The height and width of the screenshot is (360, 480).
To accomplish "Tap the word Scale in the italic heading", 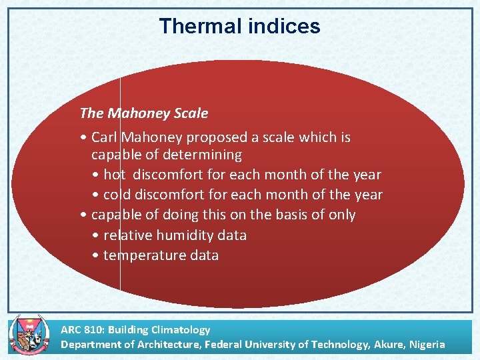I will [190, 113].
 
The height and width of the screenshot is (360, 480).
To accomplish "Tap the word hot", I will [114, 175].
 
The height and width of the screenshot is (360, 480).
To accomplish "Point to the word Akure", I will [388, 345].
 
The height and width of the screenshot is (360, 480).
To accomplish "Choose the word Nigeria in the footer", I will [427, 345].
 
